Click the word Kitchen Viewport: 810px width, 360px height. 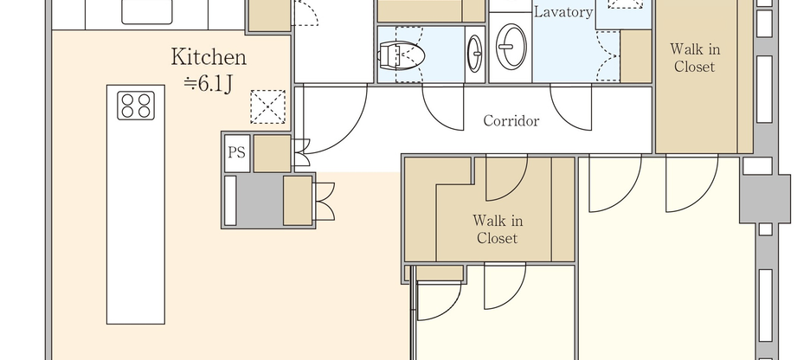(209, 58)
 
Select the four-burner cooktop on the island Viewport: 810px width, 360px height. (137, 105)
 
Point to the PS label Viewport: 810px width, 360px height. (236, 152)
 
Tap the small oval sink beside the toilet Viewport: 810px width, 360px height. (475, 54)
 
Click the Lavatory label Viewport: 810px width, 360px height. (562, 12)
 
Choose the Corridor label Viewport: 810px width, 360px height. (511, 121)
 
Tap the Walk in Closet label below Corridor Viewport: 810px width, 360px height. (497, 229)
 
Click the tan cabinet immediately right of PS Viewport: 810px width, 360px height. (272, 153)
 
